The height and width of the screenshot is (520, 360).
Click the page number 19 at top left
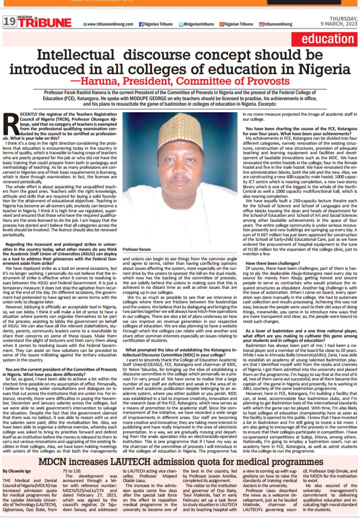click(9, 22)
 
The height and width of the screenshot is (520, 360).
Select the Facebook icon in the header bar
click(141, 24)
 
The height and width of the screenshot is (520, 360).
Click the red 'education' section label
click(328, 40)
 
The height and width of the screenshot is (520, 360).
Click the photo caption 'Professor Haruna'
click(136, 249)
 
